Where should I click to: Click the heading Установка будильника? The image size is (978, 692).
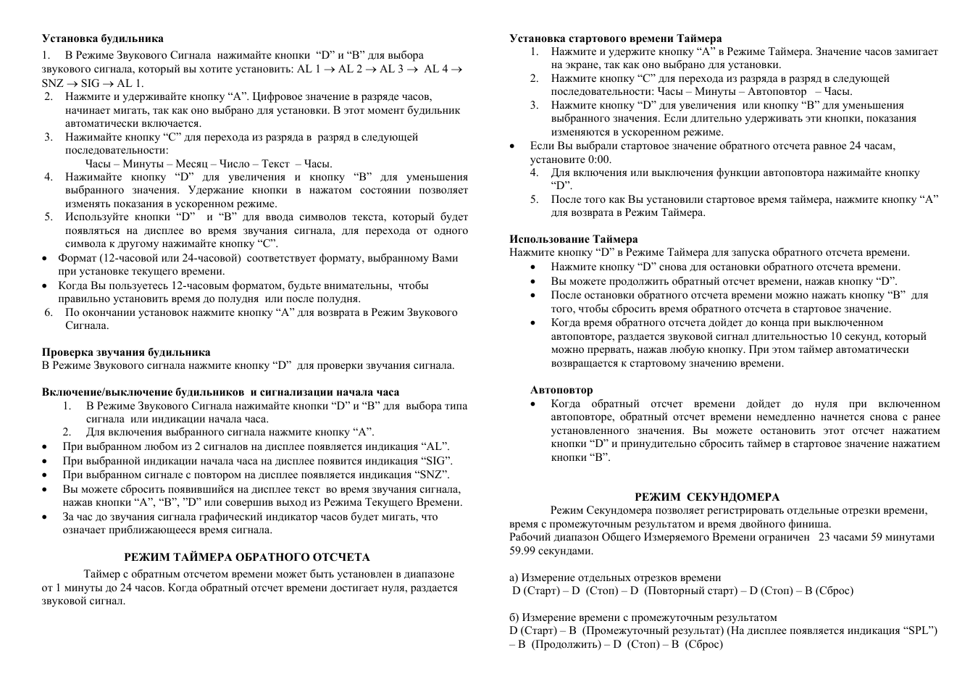tap(102, 38)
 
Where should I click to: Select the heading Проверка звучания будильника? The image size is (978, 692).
tap(126, 352)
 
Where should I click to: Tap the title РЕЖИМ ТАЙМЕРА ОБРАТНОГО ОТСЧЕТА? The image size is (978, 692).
tap(247, 557)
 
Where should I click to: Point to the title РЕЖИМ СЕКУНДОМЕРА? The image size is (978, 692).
tap(707, 497)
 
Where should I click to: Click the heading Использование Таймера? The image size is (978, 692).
tap(574, 239)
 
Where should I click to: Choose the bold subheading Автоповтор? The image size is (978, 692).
tap(561, 390)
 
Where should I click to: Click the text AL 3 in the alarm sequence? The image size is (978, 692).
tap(391, 69)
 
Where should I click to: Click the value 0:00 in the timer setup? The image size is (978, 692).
tap(599, 159)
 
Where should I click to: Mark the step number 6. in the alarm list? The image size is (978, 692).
tap(49, 312)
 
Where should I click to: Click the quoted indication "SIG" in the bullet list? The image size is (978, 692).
tap(437, 461)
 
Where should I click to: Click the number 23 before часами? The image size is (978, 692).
tap(825, 537)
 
